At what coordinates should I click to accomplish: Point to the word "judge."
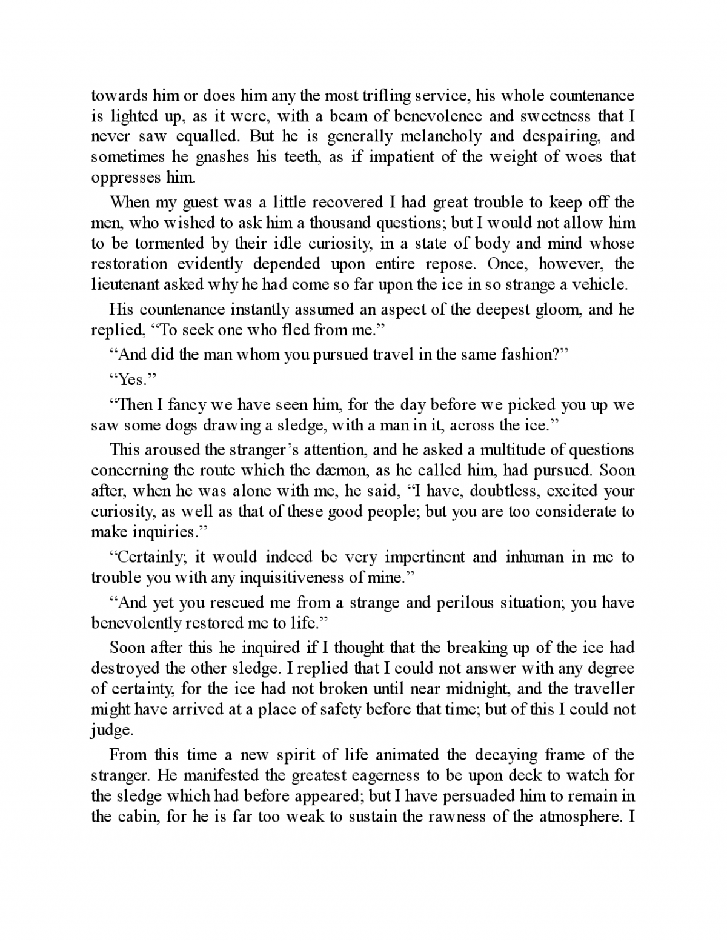tap(111, 731)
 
